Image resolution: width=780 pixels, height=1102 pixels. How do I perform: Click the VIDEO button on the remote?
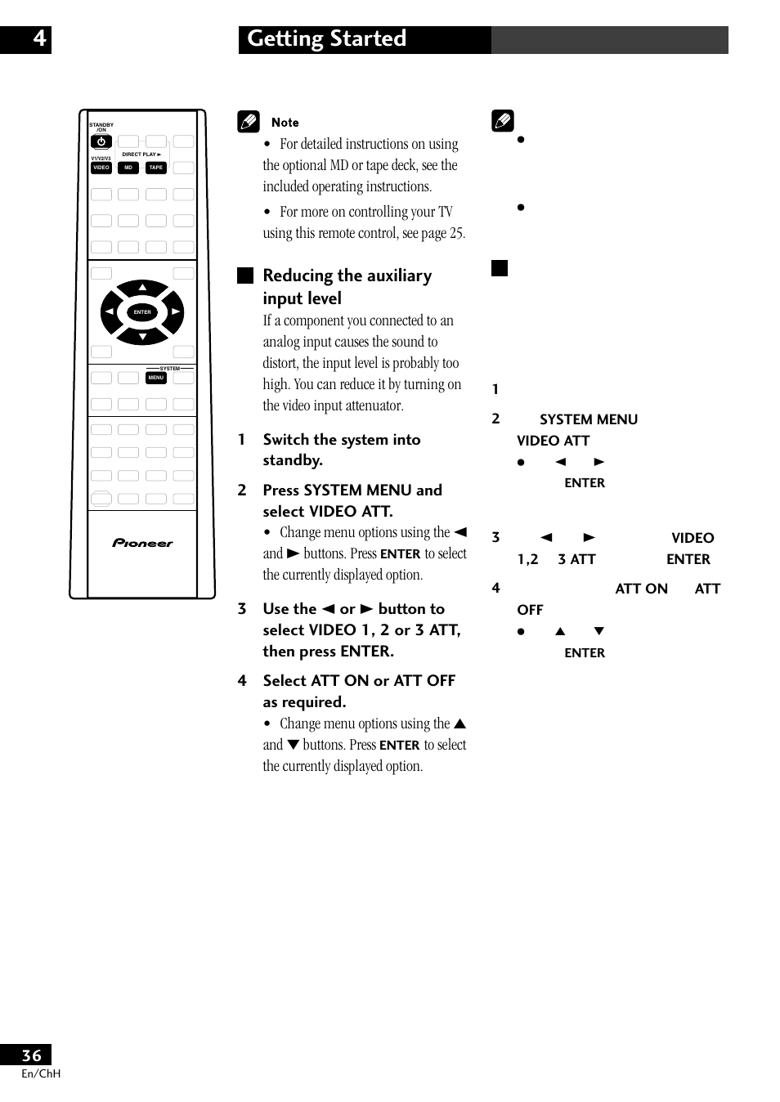coord(101,168)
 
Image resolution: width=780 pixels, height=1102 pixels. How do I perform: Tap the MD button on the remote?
coord(128,168)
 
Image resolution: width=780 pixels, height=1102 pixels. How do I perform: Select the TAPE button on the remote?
coord(155,168)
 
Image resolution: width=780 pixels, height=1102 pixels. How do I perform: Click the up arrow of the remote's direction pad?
coord(142,288)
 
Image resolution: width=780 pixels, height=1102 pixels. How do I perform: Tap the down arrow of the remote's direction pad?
coord(142,336)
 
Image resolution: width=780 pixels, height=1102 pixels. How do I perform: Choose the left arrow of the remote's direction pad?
coord(109,312)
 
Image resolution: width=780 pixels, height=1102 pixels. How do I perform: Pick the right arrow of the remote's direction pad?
coord(175,312)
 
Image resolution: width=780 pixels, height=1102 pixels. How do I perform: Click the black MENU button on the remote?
coord(155,378)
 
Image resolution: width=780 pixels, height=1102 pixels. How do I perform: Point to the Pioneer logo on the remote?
coord(142,543)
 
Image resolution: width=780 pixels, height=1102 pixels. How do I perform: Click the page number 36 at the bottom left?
coord(31,1055)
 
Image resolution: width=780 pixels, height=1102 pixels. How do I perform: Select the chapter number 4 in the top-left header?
coord(38,38)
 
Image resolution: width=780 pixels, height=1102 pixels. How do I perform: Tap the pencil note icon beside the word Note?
coord(248,123)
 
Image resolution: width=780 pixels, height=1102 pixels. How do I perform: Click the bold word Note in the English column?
coord(285,123)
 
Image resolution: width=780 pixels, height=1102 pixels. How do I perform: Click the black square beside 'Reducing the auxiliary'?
coord(245,275)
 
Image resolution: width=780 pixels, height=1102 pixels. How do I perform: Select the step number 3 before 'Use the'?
coord(242,609)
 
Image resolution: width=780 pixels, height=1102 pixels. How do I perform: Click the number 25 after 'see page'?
coord(456,233)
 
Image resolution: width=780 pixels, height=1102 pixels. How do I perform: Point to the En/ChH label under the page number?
coord(41,1074)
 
